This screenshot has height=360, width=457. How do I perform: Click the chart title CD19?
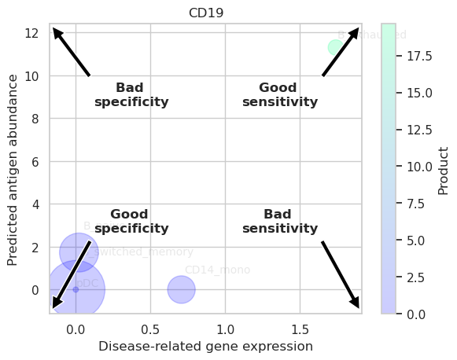205,13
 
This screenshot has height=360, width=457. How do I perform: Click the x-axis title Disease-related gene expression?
205,346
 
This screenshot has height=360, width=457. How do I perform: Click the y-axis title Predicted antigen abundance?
13,169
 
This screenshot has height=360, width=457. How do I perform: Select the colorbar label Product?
444,170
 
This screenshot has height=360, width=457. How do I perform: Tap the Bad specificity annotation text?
131,94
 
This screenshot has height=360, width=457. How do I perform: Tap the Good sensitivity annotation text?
279,94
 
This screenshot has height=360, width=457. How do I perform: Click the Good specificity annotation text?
131,222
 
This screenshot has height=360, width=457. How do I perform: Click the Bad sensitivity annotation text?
279,222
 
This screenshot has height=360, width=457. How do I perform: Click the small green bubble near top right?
336,47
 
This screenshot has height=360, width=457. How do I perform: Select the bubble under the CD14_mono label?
181,289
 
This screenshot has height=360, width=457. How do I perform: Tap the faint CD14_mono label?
217,270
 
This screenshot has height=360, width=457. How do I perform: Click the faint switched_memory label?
143,252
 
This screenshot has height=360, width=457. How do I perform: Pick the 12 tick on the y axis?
32,33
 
